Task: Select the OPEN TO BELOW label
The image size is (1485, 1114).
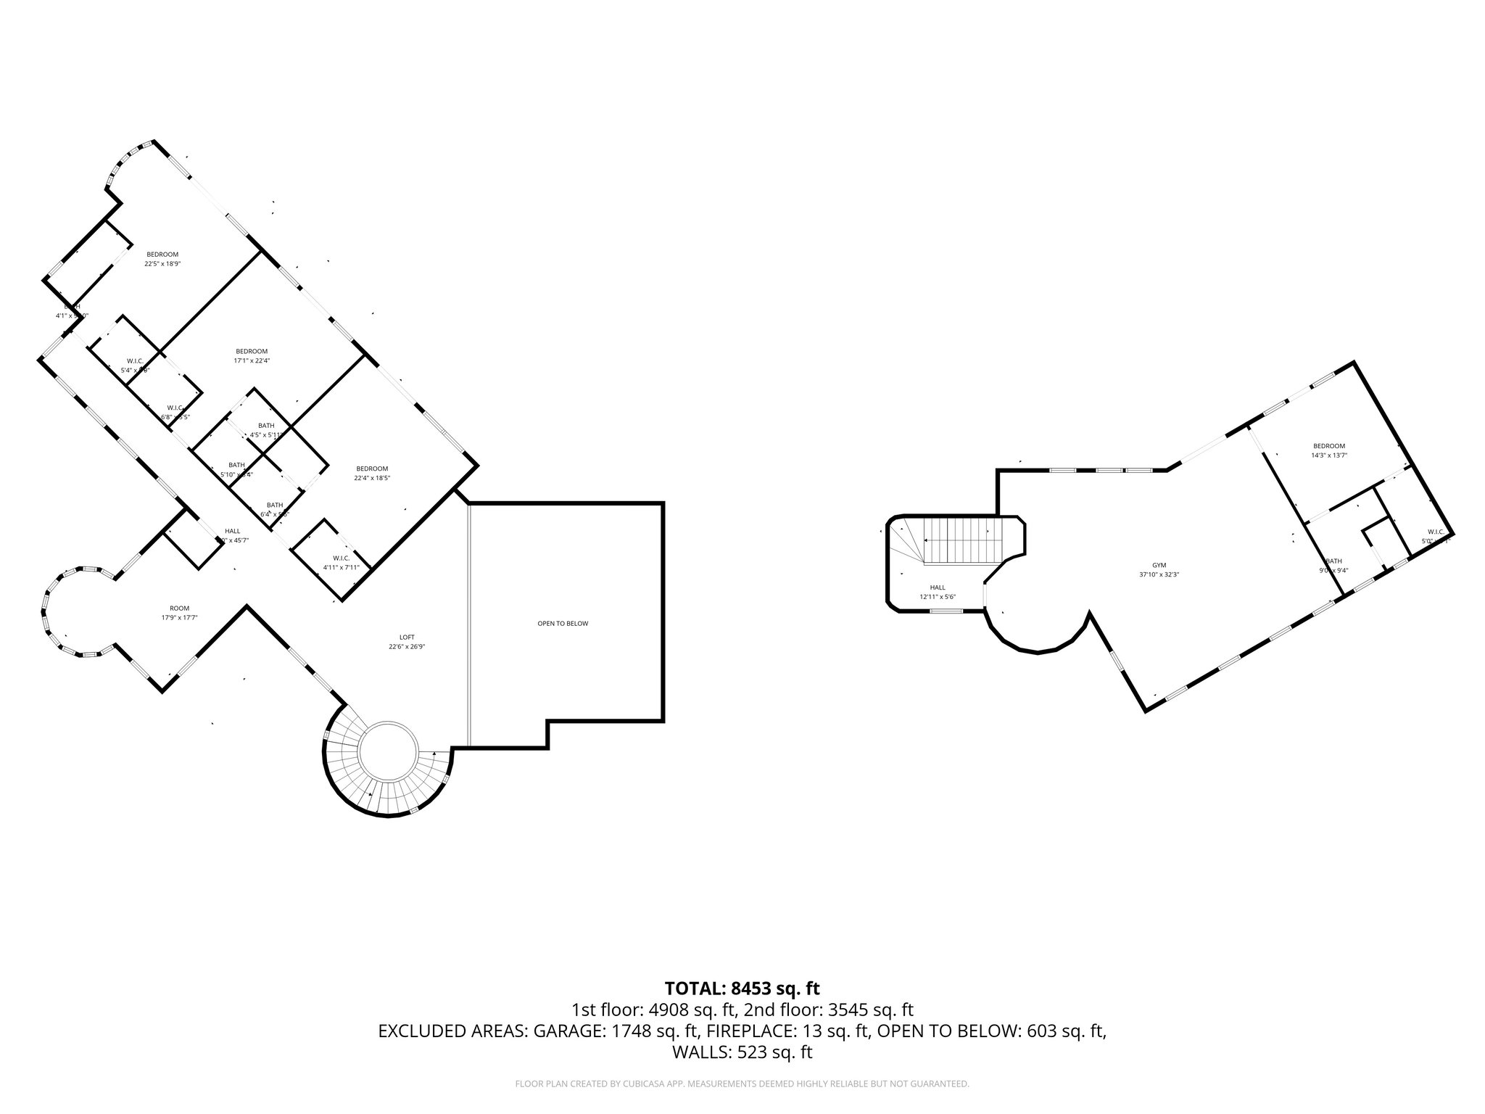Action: [x=563, y=624]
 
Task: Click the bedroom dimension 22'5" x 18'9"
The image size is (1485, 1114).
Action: [x=162, y=264]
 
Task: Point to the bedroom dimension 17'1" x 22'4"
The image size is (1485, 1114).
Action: [x=252, y=360]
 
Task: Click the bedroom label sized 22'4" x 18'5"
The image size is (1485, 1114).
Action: [x=372, y=469]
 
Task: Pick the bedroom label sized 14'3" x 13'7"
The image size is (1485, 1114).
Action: [x=1328, y=446]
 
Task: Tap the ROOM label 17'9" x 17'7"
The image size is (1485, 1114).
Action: [x=180, y=608]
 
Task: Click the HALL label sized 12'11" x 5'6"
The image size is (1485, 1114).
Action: [x=938, y=587]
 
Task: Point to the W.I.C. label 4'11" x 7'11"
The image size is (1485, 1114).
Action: [x=342, y=558]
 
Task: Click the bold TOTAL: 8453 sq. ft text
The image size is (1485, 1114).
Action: [x=742, y=988]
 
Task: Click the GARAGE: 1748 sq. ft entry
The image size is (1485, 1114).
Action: [x=616, y=1031]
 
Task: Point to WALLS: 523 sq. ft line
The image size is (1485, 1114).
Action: [x=742, y=1053]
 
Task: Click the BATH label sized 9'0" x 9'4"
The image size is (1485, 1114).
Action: [x=1333, y=561]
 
